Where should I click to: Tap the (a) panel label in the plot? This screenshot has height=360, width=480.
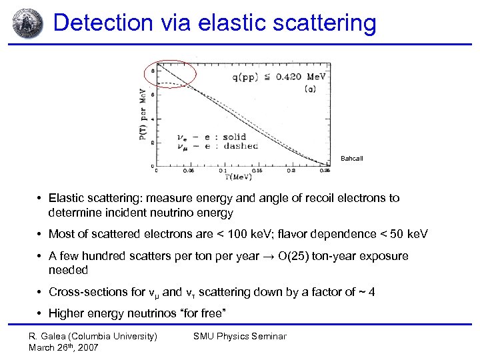[310, 89]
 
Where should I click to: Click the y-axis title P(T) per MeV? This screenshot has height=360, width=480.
[141, 117]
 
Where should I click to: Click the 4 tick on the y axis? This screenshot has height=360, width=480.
[152, 119]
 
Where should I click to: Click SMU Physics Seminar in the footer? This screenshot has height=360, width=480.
[239, 337]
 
